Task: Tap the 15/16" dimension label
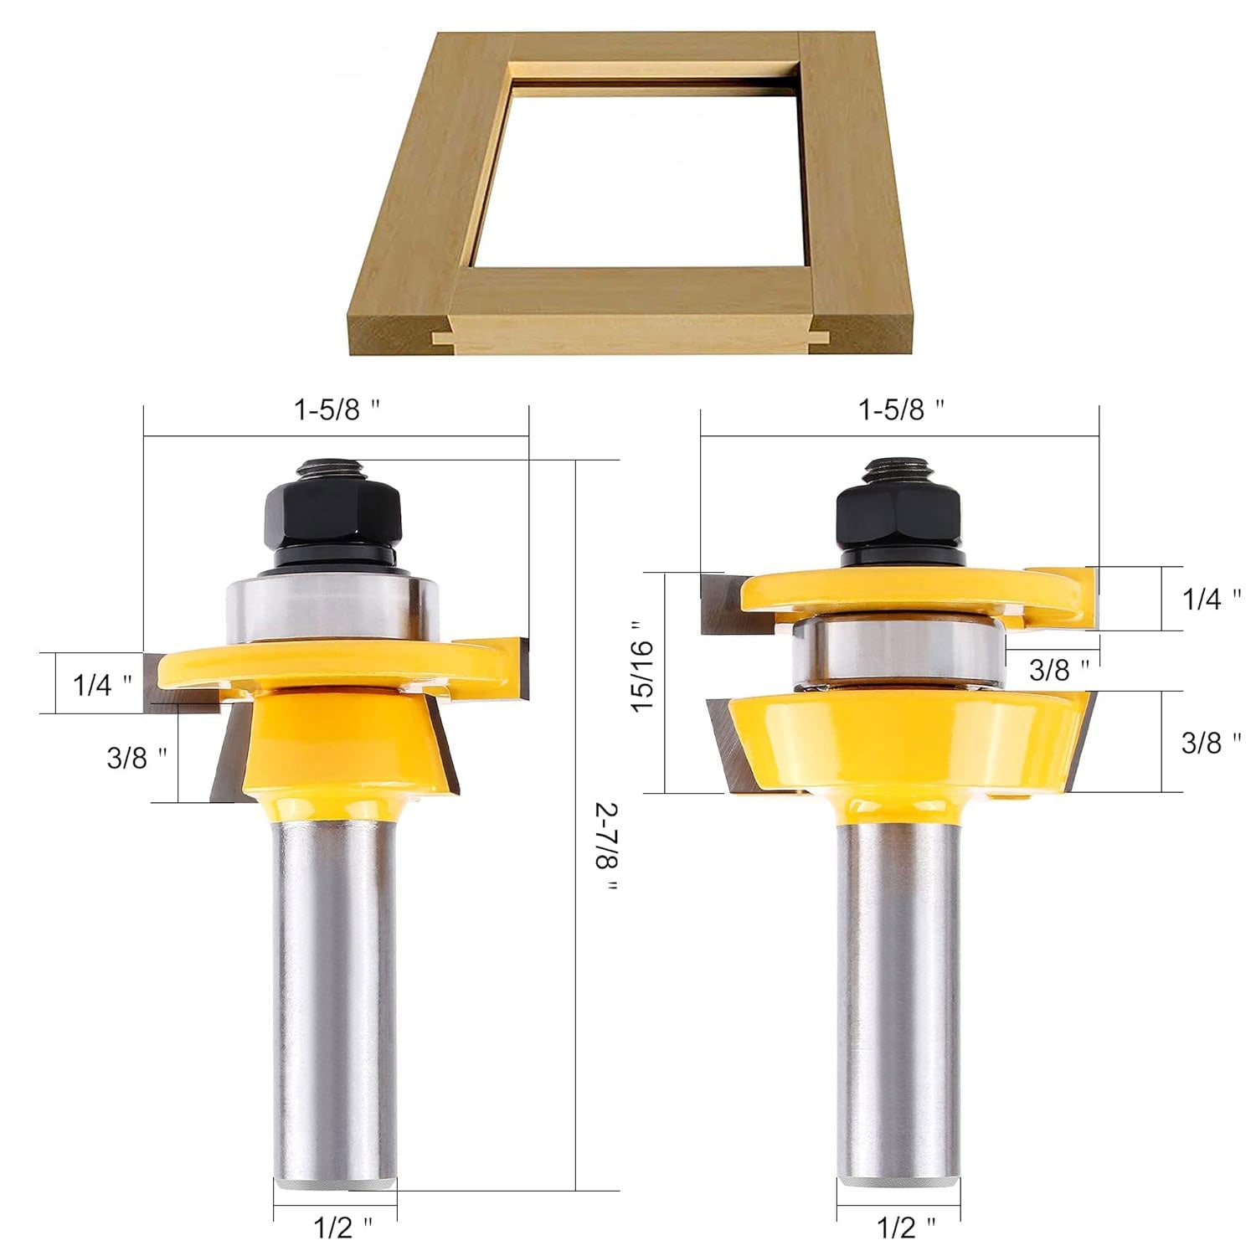click(646, 667)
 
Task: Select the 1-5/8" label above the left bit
click(337, 409)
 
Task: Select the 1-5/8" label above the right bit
click(903, 409)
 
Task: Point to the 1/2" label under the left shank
click(343, 1228)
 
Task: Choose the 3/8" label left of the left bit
click(136, 758)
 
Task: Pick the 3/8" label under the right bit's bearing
click(1059, 669)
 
